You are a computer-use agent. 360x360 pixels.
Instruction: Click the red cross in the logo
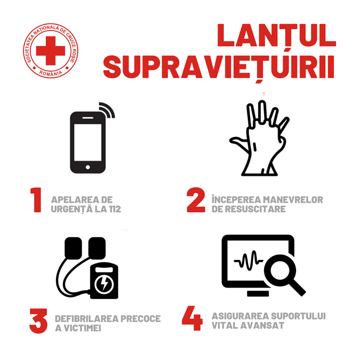(x=50, y=51)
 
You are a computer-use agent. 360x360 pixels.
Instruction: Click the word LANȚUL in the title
(x=277, y=36)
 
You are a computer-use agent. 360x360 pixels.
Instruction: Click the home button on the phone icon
(x=88, y=167)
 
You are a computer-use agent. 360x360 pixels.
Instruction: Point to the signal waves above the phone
(x=108, y=109)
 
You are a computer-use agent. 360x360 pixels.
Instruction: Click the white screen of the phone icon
(x=88, y=142)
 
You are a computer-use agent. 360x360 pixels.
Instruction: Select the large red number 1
(x=36, y=200)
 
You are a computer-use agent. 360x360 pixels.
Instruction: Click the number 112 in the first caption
(x=115, y=209)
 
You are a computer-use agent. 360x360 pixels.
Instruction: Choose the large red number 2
(x=196, y=200)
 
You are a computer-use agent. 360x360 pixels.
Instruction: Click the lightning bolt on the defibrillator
(x=105, y=284)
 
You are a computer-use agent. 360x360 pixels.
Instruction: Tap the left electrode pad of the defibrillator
(x=73, y=248)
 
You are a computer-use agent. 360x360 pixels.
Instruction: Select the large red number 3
(x=38, y=321)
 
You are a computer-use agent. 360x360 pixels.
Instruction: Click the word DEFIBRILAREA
(x=86, y=319)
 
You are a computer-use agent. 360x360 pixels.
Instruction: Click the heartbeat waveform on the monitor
(x=249, y=260)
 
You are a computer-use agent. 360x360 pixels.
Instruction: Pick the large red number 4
(x=193, y=318)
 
